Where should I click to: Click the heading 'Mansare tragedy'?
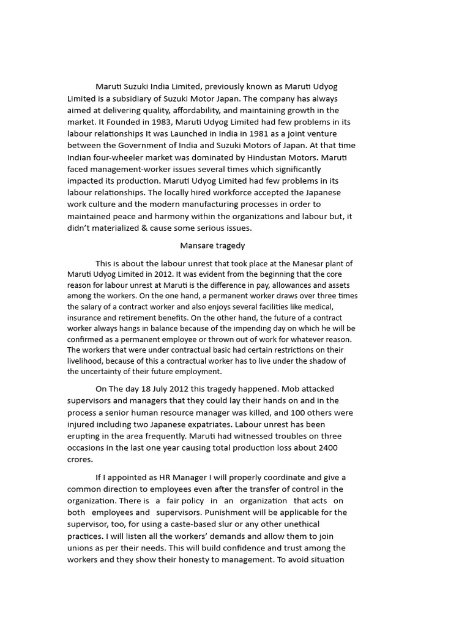coord(212,246)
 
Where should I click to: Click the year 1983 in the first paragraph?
coord(150,122)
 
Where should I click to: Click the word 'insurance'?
coord(85,318)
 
